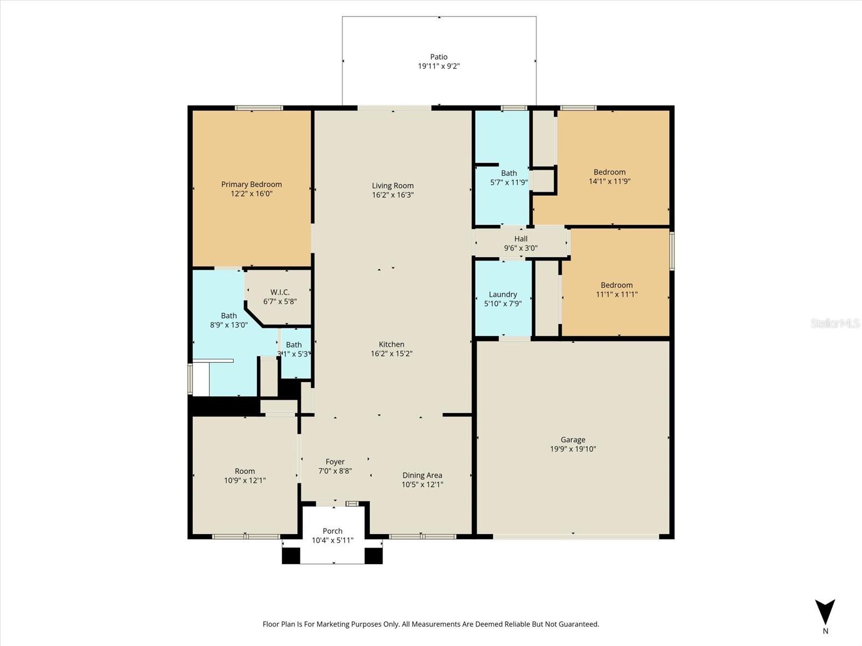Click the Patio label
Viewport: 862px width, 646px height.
pyautogui.click(x=439, y=57)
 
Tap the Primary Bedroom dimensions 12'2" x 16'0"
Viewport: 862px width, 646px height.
pyautogui.click(x=251, y=194)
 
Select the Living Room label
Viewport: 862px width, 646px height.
pyautogui.click(x=393, y=186)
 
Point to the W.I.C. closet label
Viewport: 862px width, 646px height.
pyautogui.click(x=280, y=292)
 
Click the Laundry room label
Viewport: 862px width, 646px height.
pyautogui.click(x=503, y=294)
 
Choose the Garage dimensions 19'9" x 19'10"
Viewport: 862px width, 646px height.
pyautogui.click(x=573, y=449)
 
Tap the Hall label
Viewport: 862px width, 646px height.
pyautogui.click(x=520, y=239)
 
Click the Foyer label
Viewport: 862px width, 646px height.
pyautogui.click(x=335, y=462)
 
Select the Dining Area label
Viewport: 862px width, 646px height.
pyautogui.click(x=422, y=475)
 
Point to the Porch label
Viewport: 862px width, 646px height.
pyautogui.click(x=332, y=531)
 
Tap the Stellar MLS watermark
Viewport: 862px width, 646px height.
pyautogui.click(x=835, y=323)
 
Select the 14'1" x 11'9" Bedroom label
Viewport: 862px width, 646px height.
pyautogui.click(x=609, y=172)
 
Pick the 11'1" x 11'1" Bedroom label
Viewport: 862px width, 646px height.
pyautogui.click(x=616, y=285)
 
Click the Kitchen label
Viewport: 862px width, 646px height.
pyautogui.click(x=391, y=345)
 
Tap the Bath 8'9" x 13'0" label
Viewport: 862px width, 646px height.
pyautogui.click(x=228, y=316)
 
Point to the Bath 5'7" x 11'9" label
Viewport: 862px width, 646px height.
pyautogui.click(x=509, y=173)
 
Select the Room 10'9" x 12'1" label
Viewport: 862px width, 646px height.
pyautogui.click(x=245, y=471)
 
